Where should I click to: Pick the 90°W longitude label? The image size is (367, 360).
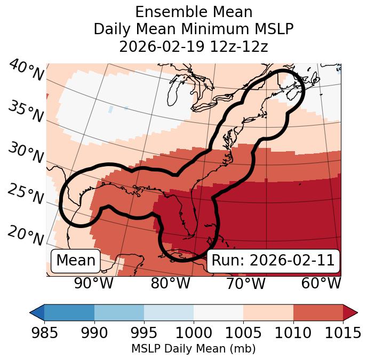tap(93, 283)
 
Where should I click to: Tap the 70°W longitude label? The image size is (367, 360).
tap(245, 283)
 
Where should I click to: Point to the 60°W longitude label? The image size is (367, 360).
tap(321, 283)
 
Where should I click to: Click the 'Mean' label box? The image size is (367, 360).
tap(76, 261)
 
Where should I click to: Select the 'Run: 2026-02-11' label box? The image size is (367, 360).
tap(273, 261)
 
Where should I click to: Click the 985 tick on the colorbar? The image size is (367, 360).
tap(44, 333)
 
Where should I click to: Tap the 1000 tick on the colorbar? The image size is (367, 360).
tap(194, 333)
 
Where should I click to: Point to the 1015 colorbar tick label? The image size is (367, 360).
tap(342, 333)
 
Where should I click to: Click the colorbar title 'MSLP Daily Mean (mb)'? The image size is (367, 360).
tap(193, 349)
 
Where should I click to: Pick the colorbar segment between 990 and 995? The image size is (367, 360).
tap(119, 312)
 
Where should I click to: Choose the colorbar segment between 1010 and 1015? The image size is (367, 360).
tap(318, 312)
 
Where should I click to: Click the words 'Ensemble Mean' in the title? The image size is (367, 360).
tap(194, 12)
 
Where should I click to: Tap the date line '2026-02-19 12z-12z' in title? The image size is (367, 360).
tap(194, 46)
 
